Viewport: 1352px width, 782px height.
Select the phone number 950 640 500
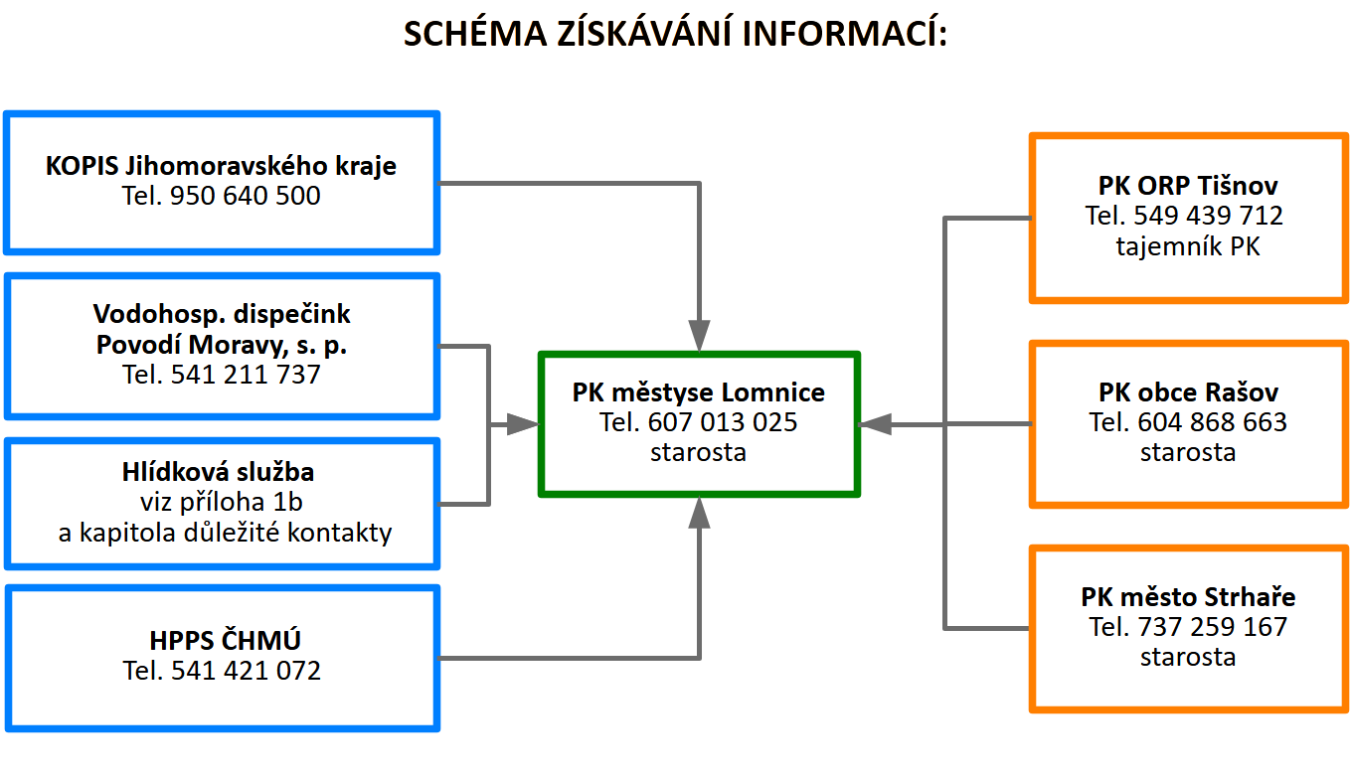245,196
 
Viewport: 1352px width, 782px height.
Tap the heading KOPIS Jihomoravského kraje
221,166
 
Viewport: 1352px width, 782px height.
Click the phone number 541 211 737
246,375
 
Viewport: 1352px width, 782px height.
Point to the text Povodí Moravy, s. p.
222,345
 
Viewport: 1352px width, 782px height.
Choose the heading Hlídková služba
218,471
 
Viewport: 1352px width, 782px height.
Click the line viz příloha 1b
222,502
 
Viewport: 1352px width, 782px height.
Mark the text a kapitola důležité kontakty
225,533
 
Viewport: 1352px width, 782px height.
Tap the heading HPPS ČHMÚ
225,640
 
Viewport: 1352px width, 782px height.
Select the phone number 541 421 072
246,671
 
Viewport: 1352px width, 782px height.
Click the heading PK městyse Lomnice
698,392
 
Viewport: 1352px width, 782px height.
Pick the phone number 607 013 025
723,422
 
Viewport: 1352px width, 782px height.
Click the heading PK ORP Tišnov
1188,185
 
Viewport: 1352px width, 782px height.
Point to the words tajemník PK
1188,246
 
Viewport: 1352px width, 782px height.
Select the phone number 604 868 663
1212,421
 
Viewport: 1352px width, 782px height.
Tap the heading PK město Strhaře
1188,597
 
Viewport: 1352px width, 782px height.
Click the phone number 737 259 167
1212,627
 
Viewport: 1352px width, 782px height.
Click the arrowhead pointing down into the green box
699,335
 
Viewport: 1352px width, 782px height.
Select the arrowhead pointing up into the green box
699,514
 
